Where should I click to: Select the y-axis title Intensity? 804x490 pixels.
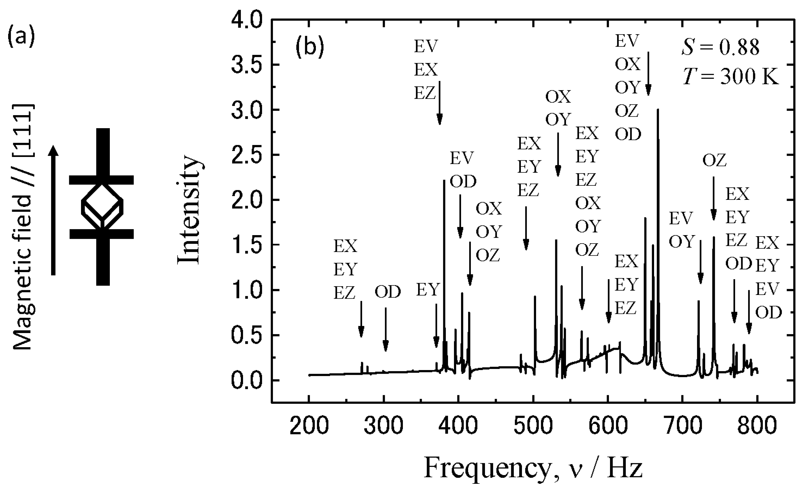click(189, 211)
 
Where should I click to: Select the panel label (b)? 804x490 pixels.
click(310, 48)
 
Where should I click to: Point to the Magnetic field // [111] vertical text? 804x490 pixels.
click(23, 227)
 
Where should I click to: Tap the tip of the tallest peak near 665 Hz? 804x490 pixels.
click(658, 110)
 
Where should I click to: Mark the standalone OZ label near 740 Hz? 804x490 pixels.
click(715, 161)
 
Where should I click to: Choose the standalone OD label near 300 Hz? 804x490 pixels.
click(387, 292)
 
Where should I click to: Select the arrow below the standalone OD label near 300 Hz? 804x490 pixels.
click(385, 329)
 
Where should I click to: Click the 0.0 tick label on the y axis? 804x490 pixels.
click(247, 381)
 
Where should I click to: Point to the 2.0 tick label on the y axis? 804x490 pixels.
click(247, 200)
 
